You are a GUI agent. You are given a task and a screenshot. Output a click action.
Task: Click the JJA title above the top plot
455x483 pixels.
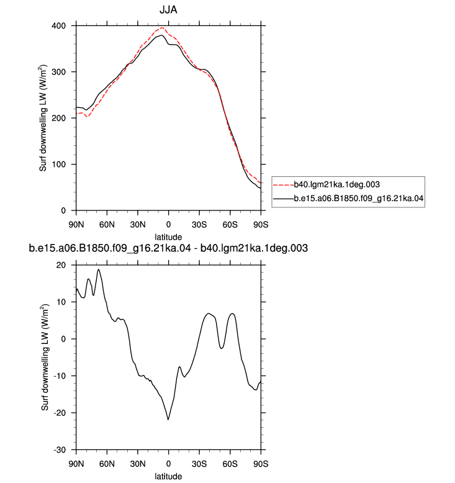click(x=168, y=10)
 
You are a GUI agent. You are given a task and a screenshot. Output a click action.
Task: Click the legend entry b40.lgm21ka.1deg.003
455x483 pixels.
click(x=336, y=184)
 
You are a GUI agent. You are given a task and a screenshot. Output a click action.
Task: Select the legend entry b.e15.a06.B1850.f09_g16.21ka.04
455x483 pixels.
click(x=359, y=198)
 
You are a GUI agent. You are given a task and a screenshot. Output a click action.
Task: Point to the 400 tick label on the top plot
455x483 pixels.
click(x=59, y=26)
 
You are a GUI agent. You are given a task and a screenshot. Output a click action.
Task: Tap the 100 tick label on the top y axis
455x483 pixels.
click(x=59, y=165)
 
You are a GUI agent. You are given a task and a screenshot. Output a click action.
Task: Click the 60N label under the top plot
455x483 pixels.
click(x=107, y=225)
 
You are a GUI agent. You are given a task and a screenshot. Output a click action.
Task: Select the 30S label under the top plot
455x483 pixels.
click(x=199, y=225)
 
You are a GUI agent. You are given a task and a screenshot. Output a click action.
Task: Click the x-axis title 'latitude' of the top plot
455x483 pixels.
click(x=168, y=237)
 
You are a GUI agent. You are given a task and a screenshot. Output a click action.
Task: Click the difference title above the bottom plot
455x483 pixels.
click(x=168, y=248)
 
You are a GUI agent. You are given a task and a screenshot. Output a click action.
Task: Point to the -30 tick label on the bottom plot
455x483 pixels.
click(x=60, y=450)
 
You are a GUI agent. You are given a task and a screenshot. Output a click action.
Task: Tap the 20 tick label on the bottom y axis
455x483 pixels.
click(x=61, y=265)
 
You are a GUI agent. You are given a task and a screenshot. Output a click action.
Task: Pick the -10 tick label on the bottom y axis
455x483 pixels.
click(x=60, y=376)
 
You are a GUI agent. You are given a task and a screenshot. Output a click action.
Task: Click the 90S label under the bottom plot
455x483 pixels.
click(x=261, y=464)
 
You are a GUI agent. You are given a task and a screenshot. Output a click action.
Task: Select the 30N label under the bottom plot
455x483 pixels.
click(x=138, y=464)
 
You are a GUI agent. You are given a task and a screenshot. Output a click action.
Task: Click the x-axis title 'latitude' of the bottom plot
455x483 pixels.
click(x=168, y=476)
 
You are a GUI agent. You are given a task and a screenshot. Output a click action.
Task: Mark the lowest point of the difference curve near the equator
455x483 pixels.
click(x=168, y=420)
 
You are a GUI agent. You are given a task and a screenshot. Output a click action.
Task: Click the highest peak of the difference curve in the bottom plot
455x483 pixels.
click(x=99, y=269)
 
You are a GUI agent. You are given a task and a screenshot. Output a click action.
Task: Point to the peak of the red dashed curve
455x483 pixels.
click(x=162, y=28)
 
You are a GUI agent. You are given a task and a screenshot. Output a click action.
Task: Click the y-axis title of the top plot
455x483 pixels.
click(x=43, y=118)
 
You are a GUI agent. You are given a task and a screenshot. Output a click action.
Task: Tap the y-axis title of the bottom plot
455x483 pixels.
click(x=45, y=358)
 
